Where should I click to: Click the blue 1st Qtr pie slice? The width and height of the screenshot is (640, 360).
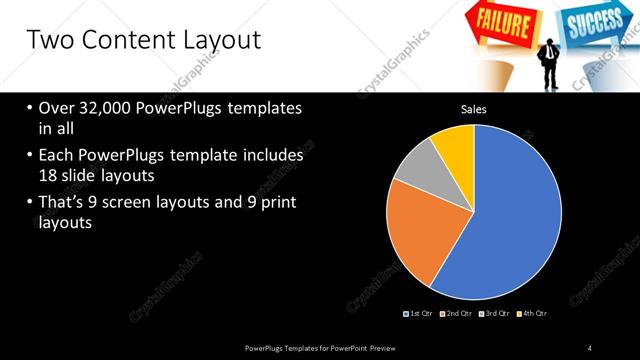click(510, 210)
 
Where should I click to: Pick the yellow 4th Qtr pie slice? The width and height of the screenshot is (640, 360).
click(455, 144)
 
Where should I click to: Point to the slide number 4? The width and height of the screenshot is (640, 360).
click(590, 347)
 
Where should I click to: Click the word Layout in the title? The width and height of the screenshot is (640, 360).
click(216, 40)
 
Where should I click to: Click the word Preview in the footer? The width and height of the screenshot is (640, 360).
click(392, 347)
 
